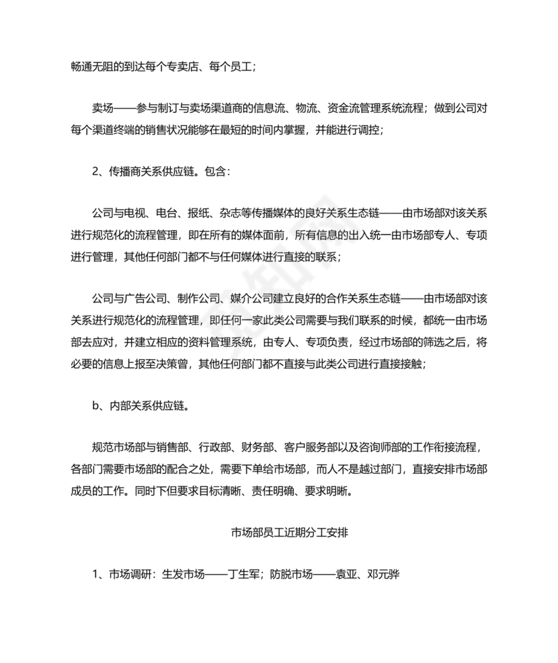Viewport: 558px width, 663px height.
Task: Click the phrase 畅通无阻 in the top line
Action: click(x=92, y=67)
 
